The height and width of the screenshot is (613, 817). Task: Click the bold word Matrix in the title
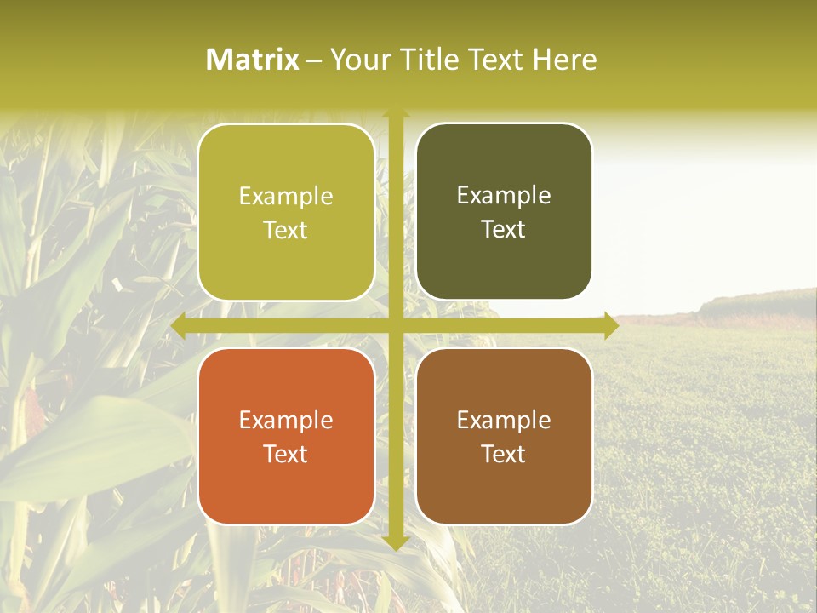tap(253, 60)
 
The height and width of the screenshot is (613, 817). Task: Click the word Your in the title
tap(357, 60)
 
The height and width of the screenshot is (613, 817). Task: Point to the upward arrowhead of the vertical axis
tap(396, 114)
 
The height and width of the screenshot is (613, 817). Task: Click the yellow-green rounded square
tap(286, 255)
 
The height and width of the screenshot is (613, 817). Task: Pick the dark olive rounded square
tap(504, 264)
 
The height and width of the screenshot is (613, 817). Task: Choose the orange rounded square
tap(286, 485)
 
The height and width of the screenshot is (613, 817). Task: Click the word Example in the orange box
tap(286, 421)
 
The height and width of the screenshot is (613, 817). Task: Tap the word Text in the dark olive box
tap(504, 230)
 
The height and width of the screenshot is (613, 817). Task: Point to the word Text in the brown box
tap(504, 455)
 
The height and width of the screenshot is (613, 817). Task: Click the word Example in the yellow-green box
tap(286, 197)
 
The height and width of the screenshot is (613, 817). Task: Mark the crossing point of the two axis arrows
tap(396, 326)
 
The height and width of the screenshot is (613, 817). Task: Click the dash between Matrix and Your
tap(314, 60)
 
